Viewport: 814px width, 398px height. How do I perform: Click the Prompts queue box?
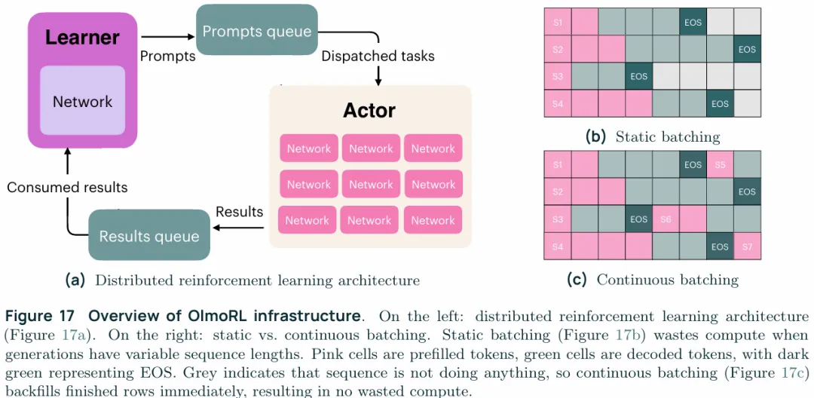tap(257, 32)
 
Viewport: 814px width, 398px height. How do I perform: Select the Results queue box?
tap(149, 236)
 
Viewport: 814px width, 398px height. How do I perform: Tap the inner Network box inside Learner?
tap(82, 102)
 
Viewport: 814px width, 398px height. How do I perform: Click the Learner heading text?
tap(82, 37)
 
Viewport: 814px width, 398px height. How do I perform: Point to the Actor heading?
tap(369, 110)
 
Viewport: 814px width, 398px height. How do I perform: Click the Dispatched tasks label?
tap(378, 56)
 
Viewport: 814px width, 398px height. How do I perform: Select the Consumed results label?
tap(67, 187)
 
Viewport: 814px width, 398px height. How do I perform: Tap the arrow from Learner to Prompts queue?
tap(167, 35)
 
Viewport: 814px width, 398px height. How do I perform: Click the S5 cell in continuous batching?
tap(720, 164)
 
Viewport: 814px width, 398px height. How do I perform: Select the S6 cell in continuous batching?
tap(666, 219)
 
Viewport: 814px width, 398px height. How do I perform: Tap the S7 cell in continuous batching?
tap(747, 246)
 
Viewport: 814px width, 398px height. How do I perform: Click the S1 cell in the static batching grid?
tap(558, 23)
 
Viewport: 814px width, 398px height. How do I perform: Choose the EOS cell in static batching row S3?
tap(638, 77)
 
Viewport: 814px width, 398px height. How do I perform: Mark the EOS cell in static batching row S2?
tap(747, 50)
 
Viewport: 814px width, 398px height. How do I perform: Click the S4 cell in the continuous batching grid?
tap(558, 246)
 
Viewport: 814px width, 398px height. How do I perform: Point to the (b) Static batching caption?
tap(653, 137)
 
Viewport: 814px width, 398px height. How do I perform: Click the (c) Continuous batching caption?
tap(653, 280)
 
